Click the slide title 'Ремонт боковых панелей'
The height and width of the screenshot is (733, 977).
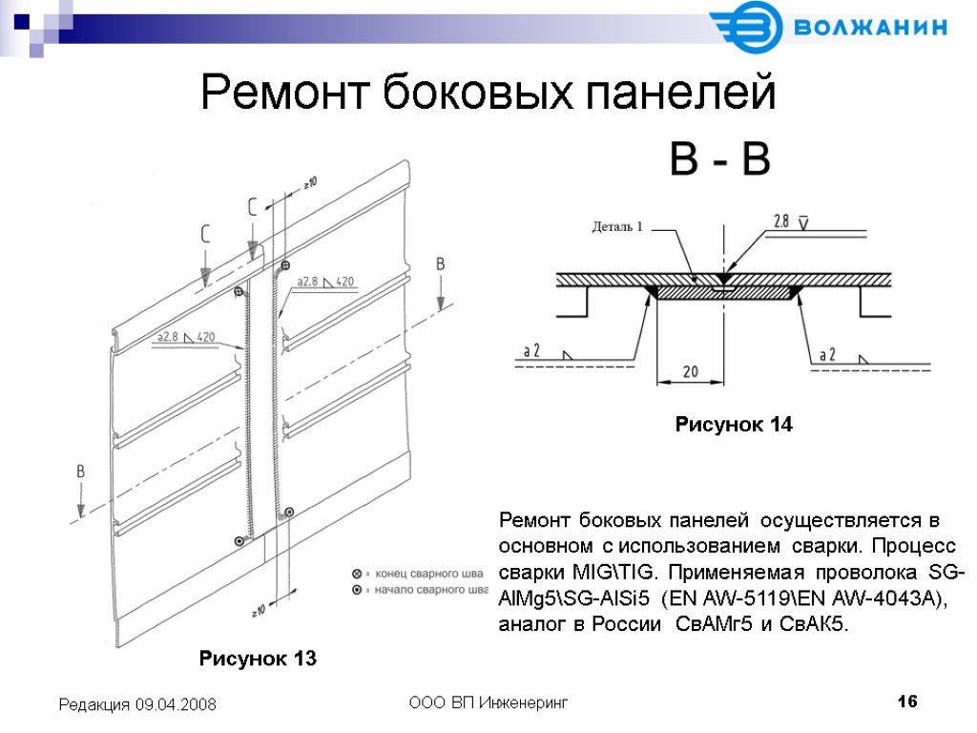[x=488, y=94]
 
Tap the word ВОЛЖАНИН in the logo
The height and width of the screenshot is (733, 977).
[x=870, y=27]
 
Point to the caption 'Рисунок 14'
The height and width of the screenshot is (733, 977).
[x=734, y=425]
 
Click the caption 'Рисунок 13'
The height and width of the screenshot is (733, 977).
[x=257, y=659]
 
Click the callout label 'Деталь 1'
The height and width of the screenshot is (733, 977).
[x=617, y=227]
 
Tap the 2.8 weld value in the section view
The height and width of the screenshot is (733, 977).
[x=780, y=221]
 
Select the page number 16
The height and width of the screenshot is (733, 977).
[x=907, y=702]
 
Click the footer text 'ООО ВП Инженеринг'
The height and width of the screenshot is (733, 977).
[x=488, y=703]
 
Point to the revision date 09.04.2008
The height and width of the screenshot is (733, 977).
[x=179, y=704]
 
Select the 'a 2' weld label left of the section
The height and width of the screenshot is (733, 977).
[x=531, y=351]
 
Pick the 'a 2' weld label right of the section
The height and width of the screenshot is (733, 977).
[x=828, y=354]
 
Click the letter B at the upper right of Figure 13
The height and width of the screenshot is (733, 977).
[x=440, y=263]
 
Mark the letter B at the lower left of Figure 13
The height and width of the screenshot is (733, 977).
[x=81, y=471]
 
